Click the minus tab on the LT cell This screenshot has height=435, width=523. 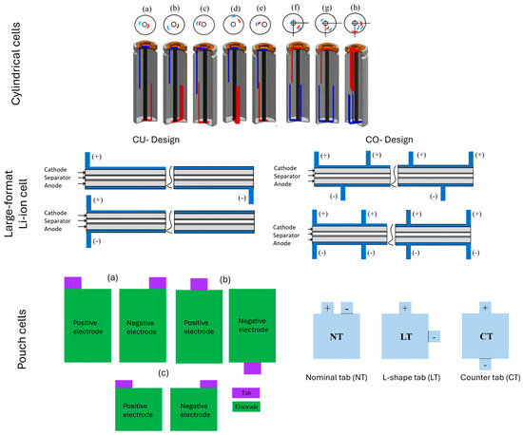(x=434, y=335)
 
